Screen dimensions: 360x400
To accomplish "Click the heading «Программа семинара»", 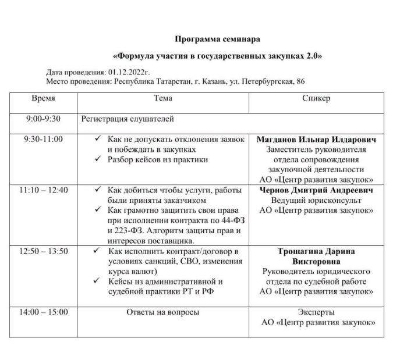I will pos(217,39).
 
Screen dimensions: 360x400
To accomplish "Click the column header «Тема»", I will pos(163,98).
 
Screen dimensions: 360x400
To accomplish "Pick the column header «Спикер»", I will pos(316,98).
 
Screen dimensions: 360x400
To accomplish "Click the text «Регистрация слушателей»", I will pos(128,119).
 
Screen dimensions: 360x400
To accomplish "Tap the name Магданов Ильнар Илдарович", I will pos(316,140).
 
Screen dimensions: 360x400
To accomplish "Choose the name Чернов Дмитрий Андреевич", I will pos(316,190).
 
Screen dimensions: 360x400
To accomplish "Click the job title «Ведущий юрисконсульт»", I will pos(316,200).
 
